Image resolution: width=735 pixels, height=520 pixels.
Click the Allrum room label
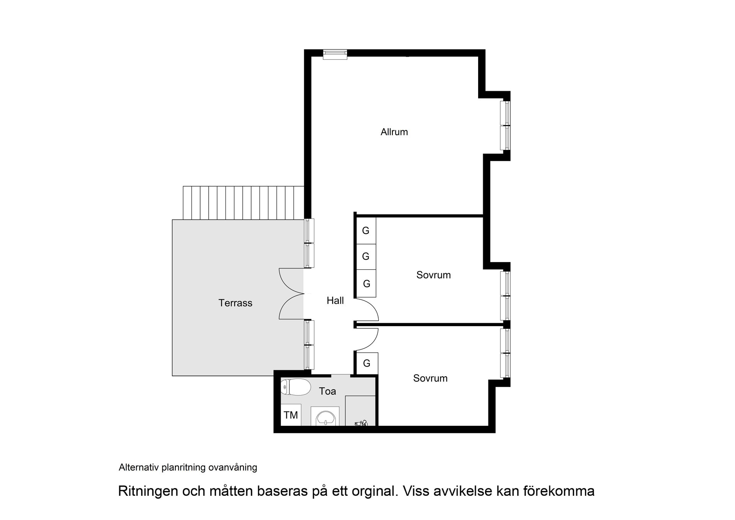(394, 132)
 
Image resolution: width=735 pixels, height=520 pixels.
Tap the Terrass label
(235, 303)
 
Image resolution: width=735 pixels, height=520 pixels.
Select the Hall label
(335, 301)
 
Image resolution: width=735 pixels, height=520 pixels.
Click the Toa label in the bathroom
(327, 391)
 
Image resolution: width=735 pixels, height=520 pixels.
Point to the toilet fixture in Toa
(296, 387)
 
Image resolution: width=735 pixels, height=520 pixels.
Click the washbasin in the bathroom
(325, 417)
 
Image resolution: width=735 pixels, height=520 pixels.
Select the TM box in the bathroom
(291, 415)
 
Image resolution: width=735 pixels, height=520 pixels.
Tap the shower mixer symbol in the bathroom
(361, 423)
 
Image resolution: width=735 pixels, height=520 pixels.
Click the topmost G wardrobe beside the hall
(366, 231)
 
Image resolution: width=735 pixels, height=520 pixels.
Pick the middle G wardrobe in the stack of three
(366, 256)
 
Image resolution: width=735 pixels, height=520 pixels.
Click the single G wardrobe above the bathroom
(367, 363)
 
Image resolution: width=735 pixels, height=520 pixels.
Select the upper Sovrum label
(433, 275)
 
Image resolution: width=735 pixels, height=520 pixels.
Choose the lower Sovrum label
(430, 379)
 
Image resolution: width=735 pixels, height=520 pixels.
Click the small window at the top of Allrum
(335, 54)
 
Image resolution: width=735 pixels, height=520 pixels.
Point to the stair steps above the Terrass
(243, 203)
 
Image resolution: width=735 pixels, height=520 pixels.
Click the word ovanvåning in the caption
(233, 468)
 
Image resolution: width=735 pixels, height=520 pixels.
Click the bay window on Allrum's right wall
(506, 125)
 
